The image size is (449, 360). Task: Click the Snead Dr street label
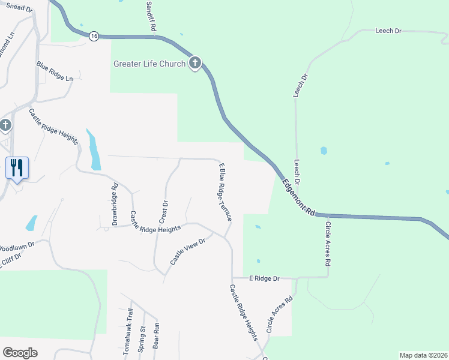coord(18,7)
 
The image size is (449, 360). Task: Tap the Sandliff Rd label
coord(151,16)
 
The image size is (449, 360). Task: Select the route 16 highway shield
coord(94,37)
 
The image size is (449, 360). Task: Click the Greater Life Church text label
coord(149,64)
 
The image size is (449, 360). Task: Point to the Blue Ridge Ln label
coord(54,71)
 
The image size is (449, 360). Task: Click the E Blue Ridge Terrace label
coord(225,191)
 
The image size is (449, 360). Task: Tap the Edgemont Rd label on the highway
coord(298,198)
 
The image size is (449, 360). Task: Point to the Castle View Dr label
coord(187,251)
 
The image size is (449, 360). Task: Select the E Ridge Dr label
coord(264,279)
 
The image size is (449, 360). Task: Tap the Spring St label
coord(142,339)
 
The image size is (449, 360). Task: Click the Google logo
coord(20,353)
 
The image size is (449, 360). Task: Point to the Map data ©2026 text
coord(423,355)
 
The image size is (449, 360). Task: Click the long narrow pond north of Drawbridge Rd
coord(94,150)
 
